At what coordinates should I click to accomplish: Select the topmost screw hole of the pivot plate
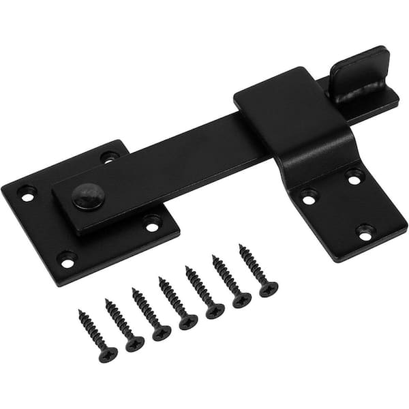coord(109,156)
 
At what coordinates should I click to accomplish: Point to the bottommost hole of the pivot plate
coord(66,258)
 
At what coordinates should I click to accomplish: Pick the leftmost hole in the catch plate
coord(309,197)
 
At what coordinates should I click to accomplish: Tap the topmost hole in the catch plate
coord(354,176)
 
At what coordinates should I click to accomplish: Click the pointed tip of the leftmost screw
coord(80,313)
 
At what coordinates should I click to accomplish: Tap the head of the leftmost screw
coord(108,354)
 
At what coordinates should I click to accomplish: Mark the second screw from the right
coord(228,282)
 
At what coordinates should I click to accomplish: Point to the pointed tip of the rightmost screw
coord(241,247)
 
